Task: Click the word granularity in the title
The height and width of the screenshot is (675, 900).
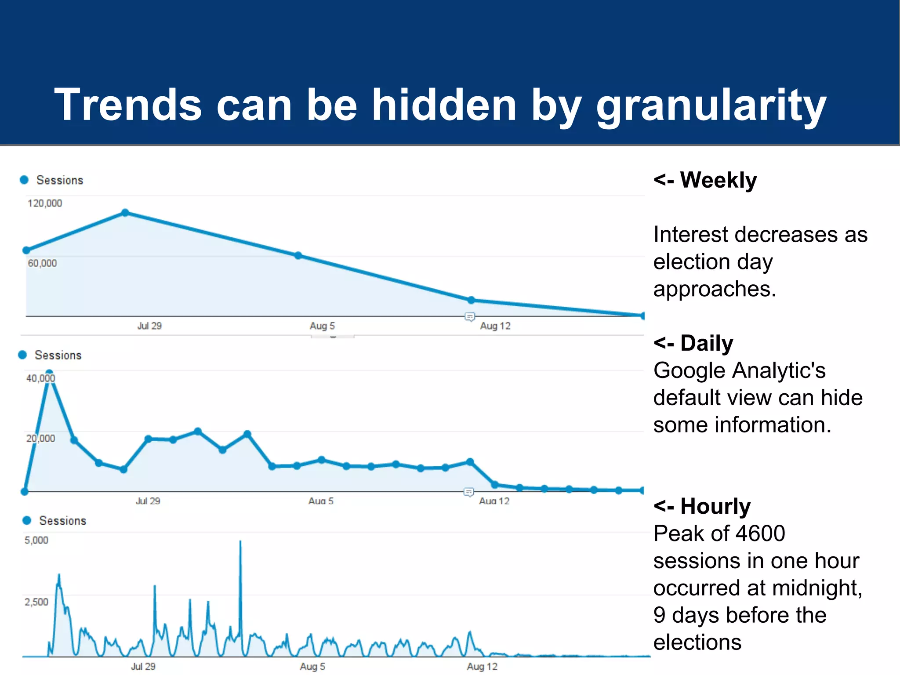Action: (711, 105)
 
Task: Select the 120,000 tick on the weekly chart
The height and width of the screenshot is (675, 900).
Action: (45, 203)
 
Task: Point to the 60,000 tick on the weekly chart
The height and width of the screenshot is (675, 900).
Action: (42, 263)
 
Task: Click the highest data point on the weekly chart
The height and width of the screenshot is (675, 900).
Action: (125, 213)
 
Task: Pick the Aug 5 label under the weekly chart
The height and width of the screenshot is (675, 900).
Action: (322, 326)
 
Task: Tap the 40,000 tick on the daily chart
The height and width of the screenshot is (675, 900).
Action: (40, 378)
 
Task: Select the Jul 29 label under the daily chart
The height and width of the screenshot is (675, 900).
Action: (148, 501)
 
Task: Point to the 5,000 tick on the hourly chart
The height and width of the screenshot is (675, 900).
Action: (36, 541)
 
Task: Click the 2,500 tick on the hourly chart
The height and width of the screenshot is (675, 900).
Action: (36, 602)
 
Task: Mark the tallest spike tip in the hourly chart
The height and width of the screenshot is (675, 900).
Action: (240, 541)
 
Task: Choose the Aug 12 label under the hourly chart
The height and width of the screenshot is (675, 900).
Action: (483, 667)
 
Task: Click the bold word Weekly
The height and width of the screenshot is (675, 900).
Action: (719, 180)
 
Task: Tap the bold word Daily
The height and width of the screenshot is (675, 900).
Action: (707, 343)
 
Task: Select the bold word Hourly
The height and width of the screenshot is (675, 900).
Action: (715, 506)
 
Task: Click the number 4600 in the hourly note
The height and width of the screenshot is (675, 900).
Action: (760, 533)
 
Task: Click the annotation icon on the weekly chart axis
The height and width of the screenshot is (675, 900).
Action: (470, 316)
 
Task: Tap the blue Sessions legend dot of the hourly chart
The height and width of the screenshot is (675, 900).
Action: (27, 520)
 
